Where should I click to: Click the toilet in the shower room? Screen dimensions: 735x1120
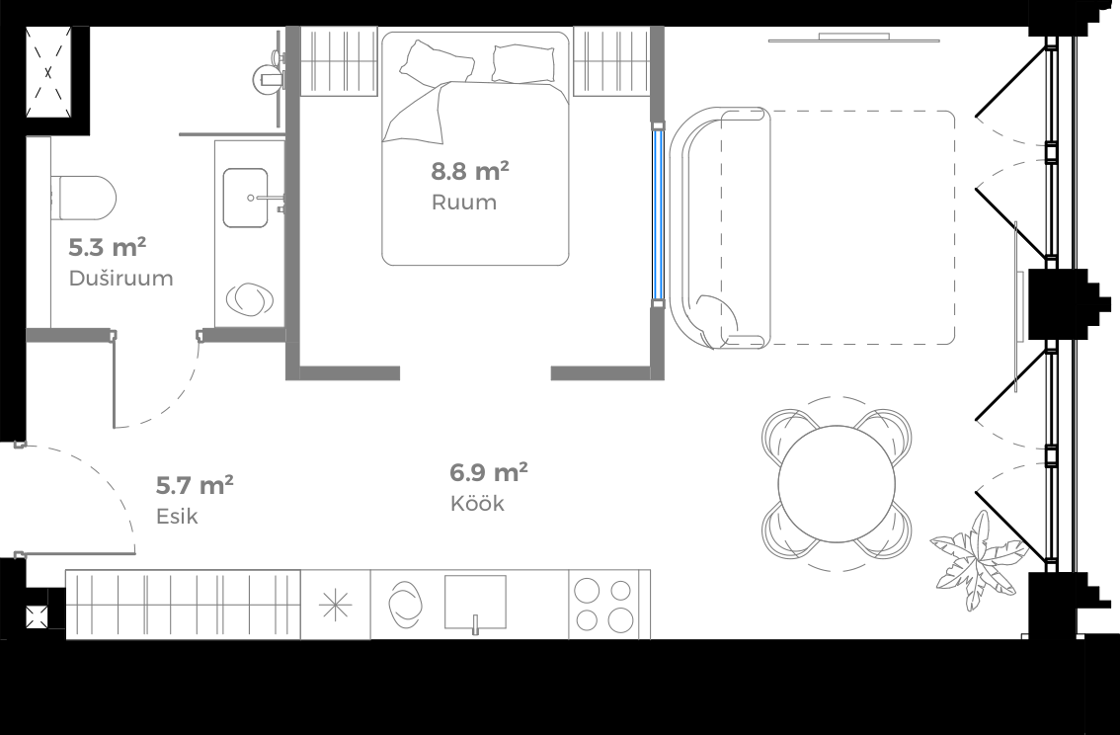pos(83,197)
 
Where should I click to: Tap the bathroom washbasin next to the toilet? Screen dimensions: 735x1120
pos(245,198)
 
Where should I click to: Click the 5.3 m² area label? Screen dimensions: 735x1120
pos(107,247)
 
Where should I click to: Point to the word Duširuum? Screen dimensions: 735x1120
pos(120,279)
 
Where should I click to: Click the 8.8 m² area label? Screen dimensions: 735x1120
pos(469,172)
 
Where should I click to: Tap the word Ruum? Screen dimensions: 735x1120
pos(463,204)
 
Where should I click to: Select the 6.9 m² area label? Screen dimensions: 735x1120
pos(488,472)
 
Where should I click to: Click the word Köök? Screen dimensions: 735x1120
pos(477,504)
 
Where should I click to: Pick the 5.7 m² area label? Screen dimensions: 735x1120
pos(195,485)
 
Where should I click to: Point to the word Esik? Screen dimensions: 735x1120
pos(177,517)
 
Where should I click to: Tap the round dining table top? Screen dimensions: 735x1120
pos(836,483)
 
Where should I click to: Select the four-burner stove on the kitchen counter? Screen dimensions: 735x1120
pos(603,605)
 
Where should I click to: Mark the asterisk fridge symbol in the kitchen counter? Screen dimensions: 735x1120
pos(336,605)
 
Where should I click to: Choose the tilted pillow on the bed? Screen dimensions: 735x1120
pos(426,64)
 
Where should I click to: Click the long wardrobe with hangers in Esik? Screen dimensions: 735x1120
pos(183,604)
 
